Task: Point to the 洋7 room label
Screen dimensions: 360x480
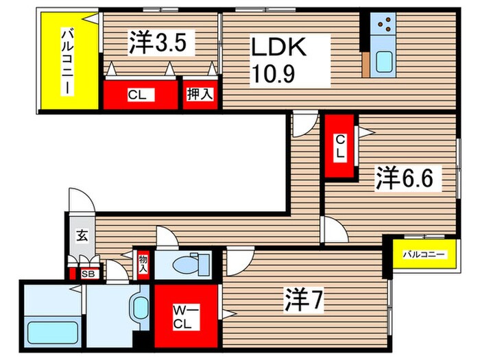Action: point(303,300)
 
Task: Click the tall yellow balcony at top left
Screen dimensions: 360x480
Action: point(68,60)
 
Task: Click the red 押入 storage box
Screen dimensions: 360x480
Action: point(200,95)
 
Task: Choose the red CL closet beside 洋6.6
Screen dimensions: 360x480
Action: point(339,146)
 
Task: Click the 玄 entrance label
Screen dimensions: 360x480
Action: point(81,236)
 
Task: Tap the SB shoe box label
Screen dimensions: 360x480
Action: point(86,274)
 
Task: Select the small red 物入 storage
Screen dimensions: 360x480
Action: point(143,264)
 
